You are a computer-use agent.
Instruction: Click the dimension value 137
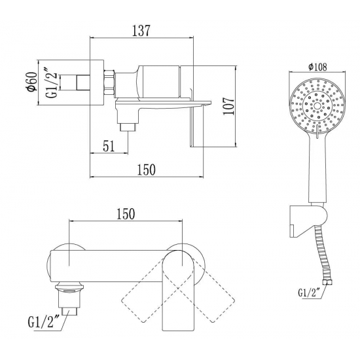[141, 30]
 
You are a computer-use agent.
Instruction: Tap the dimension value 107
[228, 106]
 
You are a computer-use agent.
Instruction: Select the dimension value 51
[109, 146]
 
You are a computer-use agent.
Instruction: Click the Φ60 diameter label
[31, 82]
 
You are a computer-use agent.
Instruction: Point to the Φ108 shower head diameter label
[317, 67]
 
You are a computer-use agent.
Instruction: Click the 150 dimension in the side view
[146, 170]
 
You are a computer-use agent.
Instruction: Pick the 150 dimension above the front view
[126, 214]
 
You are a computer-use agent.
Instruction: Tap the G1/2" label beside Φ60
[52, 82]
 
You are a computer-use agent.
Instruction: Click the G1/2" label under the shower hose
[309, 293]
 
